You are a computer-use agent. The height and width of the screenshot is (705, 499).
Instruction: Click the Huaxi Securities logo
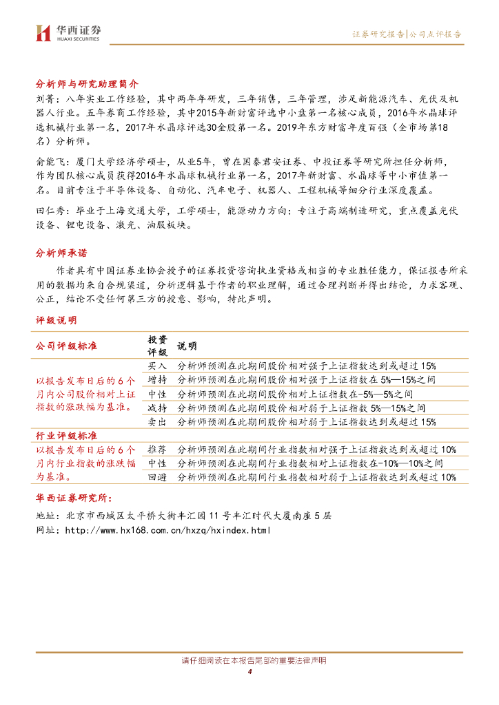[68, 32]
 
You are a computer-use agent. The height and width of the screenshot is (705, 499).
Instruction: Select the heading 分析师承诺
[61, 253]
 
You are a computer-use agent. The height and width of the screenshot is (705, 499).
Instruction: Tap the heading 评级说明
[57, 320]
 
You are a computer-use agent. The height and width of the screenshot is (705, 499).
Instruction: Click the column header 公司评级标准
[66, 346]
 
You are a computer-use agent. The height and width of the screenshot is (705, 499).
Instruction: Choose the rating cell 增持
[157, 380]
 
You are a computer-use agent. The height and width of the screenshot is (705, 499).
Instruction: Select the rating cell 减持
[157, 408]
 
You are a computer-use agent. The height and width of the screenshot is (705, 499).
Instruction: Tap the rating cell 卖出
[157, 421]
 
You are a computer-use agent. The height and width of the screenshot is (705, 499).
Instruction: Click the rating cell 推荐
[157, 449]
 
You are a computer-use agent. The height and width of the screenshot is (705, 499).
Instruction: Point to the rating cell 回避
[157, 476]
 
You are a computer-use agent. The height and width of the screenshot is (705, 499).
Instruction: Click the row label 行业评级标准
[66, 436]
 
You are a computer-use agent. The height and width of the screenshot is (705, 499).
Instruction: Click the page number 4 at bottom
[249, 672]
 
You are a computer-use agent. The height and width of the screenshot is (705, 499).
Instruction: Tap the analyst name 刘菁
[44, 98]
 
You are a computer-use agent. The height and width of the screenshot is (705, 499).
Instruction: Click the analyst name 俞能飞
[48, 160]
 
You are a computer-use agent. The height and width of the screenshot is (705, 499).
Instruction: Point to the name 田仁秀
[48, 210]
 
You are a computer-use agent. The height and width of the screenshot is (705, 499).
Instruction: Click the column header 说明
[187, 346]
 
